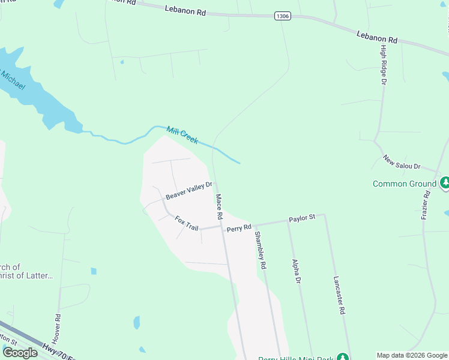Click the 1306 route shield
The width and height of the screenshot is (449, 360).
coord(283,16)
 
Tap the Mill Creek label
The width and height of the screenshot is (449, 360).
coord(182,134)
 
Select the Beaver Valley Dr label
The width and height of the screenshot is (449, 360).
coord(189,191)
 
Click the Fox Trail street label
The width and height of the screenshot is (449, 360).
coord(186,223)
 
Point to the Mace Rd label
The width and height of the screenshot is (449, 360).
coord(219,206)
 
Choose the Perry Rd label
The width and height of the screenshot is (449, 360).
coord(238,228)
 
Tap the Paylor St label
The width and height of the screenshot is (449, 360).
coord(301,219)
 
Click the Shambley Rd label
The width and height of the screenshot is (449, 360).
coord(260,250)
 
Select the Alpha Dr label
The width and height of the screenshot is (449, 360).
coord(295,271)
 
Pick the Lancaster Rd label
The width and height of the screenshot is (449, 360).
coord(339,295)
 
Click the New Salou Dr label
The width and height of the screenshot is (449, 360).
coord(402,161)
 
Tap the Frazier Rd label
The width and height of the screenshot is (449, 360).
coord(427,204)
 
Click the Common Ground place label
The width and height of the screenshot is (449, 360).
coord(404,184)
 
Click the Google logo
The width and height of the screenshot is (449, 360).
coord(20,353)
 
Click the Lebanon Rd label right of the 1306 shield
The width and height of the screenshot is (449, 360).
coord(377,37)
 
